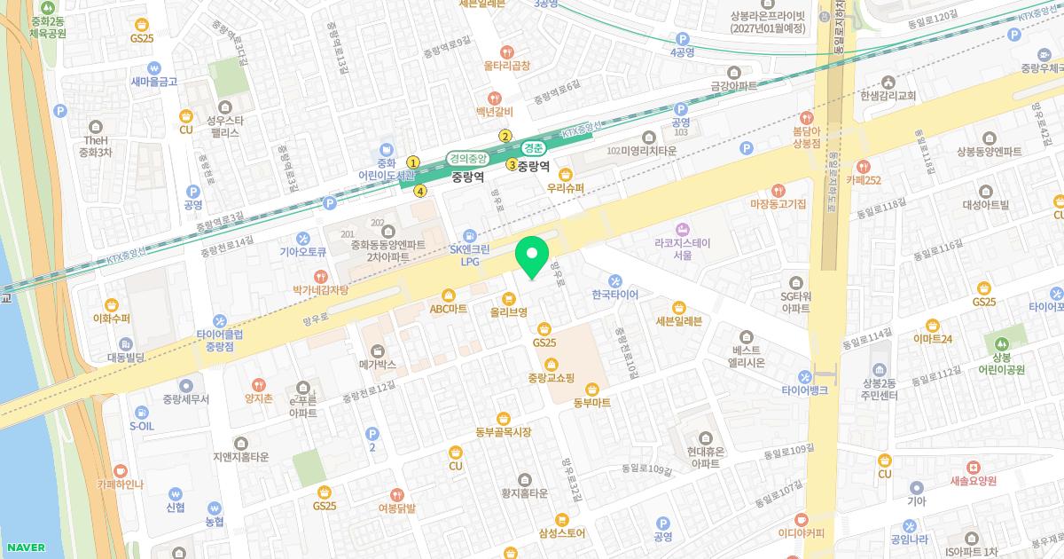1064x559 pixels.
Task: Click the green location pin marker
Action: coord(532,257)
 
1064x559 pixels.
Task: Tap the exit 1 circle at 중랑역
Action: coord(413,161)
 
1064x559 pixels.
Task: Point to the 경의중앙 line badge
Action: coord(467,159)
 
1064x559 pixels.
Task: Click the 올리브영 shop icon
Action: coord(509,298)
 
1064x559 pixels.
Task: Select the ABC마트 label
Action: coord(448,309)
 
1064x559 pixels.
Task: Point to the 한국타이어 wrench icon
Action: coord(615,280)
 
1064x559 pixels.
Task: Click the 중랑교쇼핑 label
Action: coord(552,378)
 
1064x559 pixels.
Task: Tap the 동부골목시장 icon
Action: coord(503,418)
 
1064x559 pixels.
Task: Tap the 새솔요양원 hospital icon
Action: coord(973,466)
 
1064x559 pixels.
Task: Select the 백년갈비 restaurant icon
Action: coord(495,97)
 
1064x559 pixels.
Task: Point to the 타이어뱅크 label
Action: coord(804,390)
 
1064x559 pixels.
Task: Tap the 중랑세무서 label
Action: coord(180,399)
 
